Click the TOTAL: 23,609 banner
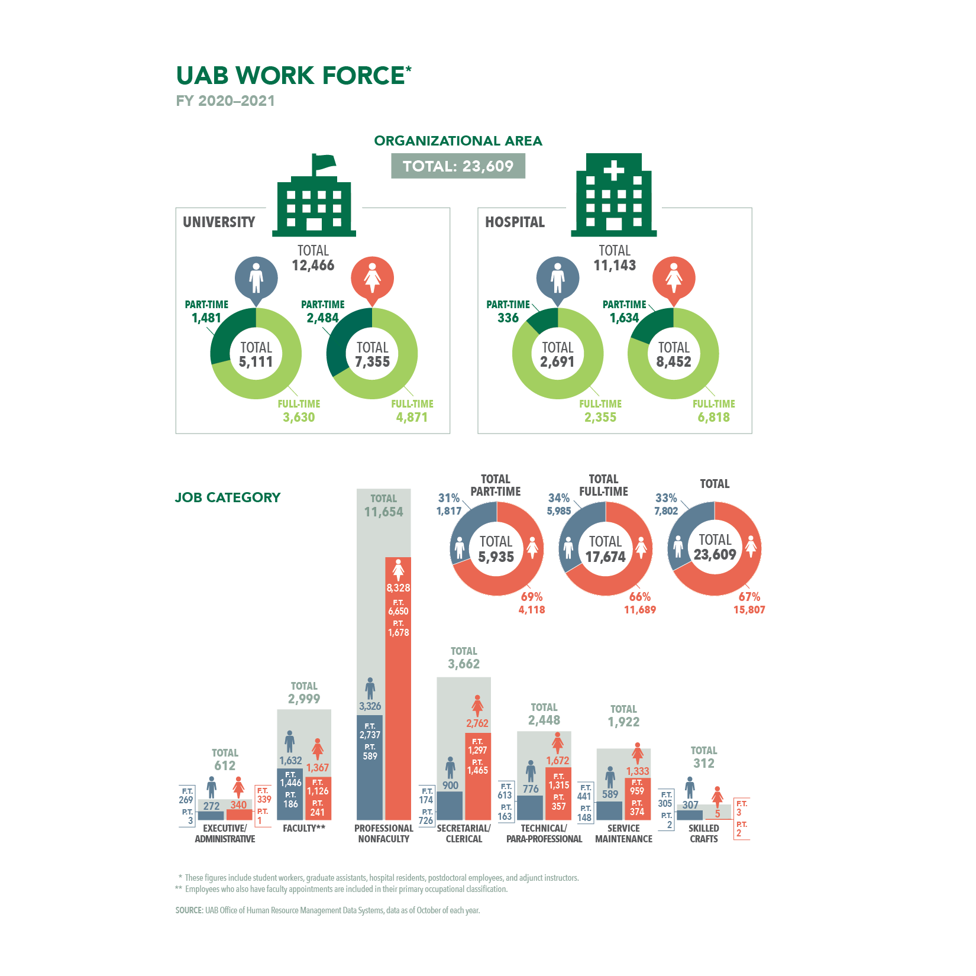point(458,166)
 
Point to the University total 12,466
point(313,265)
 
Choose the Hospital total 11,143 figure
point(615,265)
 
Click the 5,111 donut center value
point(256,361)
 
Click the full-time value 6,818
point(713,417)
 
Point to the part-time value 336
point(508,318)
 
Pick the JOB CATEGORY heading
point(228,497)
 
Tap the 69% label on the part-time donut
point(531,596)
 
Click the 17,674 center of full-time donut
point(605,557)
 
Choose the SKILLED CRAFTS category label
point(703,833)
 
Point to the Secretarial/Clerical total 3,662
point(464,664)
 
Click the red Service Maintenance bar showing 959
point(637,799)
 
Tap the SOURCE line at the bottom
point(328,910)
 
